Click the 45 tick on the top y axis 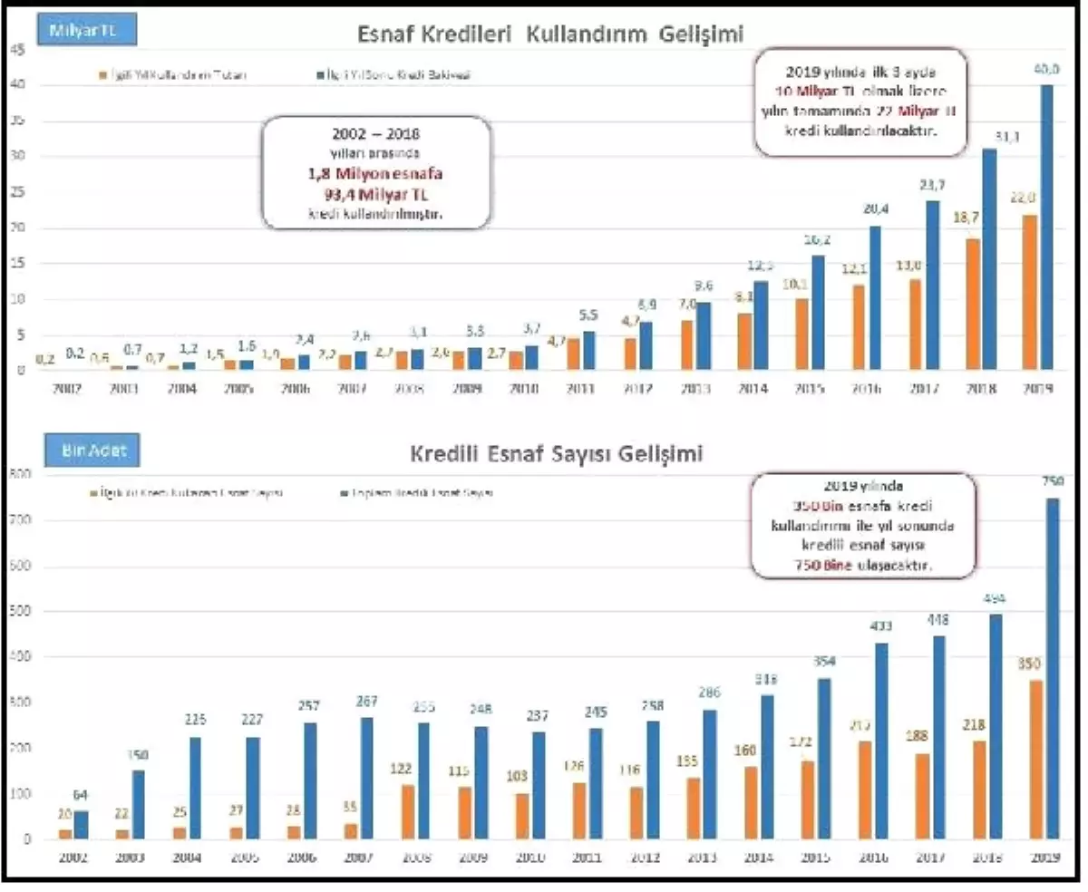click(15, 51)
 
